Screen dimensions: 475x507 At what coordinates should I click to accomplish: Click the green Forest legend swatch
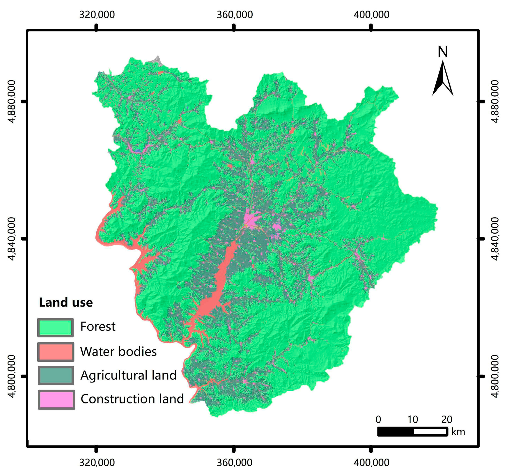[x=55, y=328]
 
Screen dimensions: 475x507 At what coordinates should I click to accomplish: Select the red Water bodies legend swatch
[x=55, y=352]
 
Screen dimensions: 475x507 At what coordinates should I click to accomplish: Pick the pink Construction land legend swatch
[x=56, y=399]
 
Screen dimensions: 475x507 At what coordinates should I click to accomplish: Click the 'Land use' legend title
[x=66, y=303]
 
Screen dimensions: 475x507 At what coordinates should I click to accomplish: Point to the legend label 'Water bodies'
[x=118, y=352]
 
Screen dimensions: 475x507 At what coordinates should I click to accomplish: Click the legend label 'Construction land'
[x=132, y=399]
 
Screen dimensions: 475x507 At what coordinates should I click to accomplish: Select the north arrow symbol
[x=442, y=79]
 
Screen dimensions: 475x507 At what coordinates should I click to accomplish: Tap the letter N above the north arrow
[x=443, y=52]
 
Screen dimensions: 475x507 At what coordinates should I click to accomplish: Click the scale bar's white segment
[x=430, y=432]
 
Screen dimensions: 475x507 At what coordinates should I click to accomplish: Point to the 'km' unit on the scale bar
[x=458, y=432]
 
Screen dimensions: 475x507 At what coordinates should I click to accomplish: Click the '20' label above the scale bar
[x=446, y=419]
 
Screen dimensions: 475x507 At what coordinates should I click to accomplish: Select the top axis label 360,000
[x=235, y=15]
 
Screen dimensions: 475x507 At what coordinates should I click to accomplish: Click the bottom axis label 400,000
[x=371, y=462]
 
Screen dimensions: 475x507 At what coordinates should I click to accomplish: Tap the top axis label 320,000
[x=97, y=15]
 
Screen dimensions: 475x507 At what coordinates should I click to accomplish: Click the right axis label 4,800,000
[x=494, y=376]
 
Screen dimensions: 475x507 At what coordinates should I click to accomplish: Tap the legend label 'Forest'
[x=98, y=327]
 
